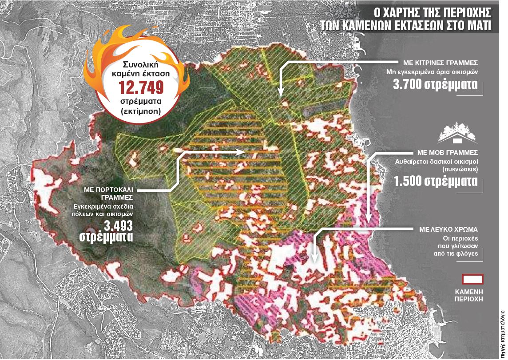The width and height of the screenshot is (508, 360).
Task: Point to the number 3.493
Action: coord(118,225)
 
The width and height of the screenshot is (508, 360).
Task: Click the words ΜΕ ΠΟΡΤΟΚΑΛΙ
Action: coord(109,189)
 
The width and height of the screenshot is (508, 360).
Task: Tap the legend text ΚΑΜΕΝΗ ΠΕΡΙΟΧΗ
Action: coord(472,296)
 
